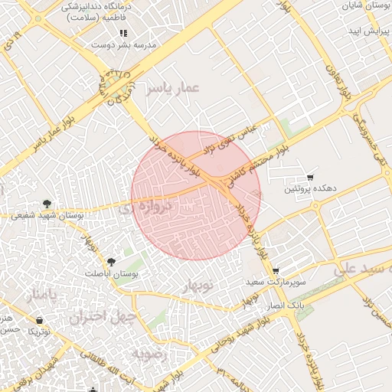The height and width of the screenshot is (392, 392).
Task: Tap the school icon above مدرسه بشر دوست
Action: coord(122,33)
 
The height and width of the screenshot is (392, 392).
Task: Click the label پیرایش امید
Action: coord(365,31)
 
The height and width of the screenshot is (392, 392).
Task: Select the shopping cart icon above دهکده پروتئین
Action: coord(310,177)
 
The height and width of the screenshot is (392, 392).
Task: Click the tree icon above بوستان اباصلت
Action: coord(112,261)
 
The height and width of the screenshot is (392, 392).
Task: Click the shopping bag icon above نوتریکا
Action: coord(39,320)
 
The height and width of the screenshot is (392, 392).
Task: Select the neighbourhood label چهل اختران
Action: coord(103,315)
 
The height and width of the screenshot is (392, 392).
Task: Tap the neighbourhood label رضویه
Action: coord(149,354)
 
